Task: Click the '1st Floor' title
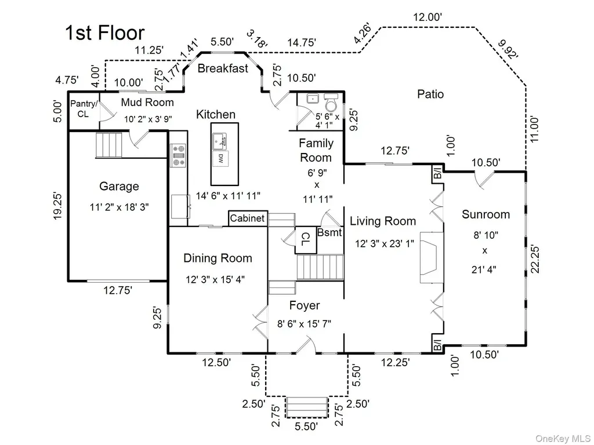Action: [x=105, y=33]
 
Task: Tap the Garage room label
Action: [x=119, y=186]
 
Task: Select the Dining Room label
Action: [x=218, y=258]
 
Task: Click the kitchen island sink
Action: [x=219, y=141]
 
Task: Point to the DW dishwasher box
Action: [x=220, y=159]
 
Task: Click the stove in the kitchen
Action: [x=179, y=155]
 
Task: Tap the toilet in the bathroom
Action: [x=331, y=103]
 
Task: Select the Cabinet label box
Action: [x=248, y=218]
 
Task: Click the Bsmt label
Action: [x=329, y=232]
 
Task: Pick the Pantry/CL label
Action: [x=84, y=108]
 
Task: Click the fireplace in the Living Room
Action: [x=432, y=257]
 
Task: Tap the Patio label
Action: [x=430, y=94]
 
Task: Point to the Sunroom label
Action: [x=486, y=214]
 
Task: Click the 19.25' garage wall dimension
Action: [x=57, y=206]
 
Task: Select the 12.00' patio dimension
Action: [x=428, y=17]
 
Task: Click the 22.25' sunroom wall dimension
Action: [x=534, y=259]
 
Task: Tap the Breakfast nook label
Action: [x=223, y=68]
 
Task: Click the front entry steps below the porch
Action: [x=307, y=407]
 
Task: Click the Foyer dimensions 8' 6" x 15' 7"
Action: [x=304, y=324]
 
